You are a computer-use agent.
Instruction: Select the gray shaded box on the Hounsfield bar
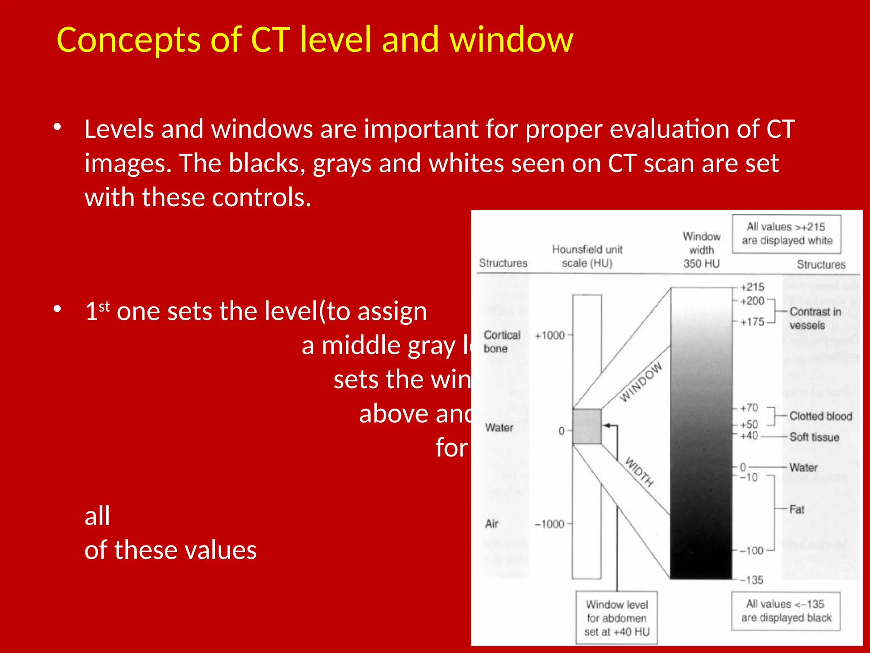(x=587, y=426)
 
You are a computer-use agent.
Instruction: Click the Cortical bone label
(x=502, y=341)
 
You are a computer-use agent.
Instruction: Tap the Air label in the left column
(x=492, y=523)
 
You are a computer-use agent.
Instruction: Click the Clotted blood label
(x=820, y=416)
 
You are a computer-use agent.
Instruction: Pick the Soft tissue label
(x=814, y=437)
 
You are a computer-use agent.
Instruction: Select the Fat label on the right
(x=797, y=509)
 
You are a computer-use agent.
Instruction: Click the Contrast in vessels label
(x=815, y=318)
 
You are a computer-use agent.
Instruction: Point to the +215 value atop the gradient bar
(x=751, y=287)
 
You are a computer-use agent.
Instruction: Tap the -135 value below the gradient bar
(x=751, y=580)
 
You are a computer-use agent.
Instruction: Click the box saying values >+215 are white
(x=786, y=234)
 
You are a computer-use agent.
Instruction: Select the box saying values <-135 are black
(x=785, y=611)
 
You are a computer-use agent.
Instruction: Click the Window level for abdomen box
(x=616, y=618)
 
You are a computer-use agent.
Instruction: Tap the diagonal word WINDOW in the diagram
(x=641, y=382)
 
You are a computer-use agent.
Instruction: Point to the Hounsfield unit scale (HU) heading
(x=587, y=256)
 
